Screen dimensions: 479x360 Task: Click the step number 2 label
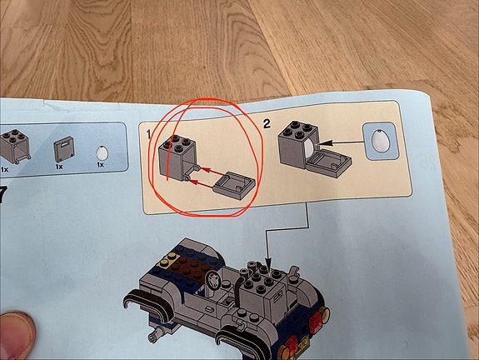click(x=267, y=124)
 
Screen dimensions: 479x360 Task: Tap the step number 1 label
click(x=149, y=134)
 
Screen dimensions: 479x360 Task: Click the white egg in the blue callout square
click(x=381, y=141)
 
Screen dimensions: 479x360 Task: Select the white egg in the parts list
click(x=102, y=152)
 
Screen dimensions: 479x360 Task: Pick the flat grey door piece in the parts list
click(x=64, y=149)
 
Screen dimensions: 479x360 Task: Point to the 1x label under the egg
click(x=100, y=165)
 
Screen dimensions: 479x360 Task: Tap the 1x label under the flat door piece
click(x=59, y=167)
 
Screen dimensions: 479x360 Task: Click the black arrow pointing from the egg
click(x=341, y=142)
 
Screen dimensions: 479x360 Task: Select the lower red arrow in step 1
click(x=202, y=184)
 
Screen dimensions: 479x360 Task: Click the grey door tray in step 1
click(x=234, y=186)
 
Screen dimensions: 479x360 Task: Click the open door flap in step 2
click(x=329, y=163)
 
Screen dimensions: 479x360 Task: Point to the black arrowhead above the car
click(x=268, y=263)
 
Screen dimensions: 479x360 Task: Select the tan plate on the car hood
click(x=167, y=260)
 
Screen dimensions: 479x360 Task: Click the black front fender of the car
click(x=146, y=304)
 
